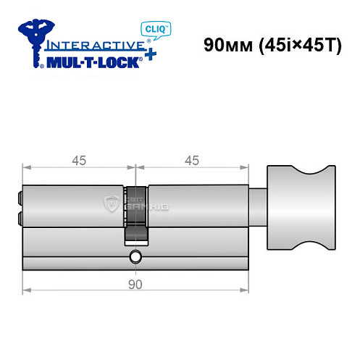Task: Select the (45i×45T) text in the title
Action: [293, 46]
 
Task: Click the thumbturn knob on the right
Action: [301, 206]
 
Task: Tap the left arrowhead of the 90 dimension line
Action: [27, 291]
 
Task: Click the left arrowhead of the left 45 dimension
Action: [27, 169]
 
